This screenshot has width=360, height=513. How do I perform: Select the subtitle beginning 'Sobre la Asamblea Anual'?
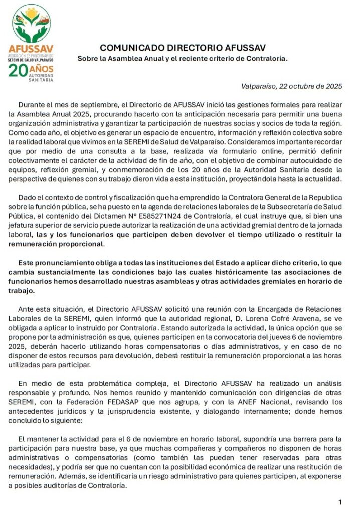pos(183,59)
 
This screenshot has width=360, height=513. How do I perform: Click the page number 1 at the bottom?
pos(339,502)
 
